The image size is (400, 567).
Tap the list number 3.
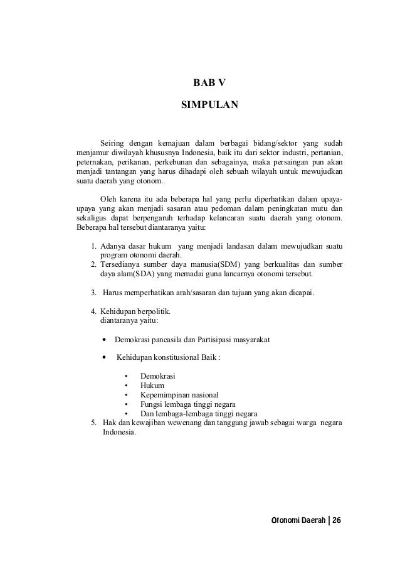click(x=93, y=293)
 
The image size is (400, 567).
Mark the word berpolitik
click(x=146, y=311)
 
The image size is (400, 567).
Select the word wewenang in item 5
click(x=184, y=423)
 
